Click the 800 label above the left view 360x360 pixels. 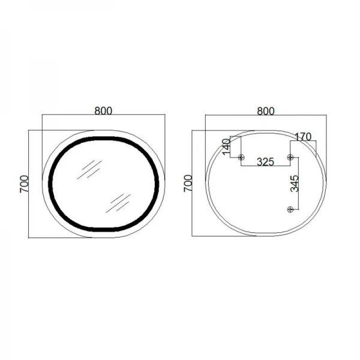103,111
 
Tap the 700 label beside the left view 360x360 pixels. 24,183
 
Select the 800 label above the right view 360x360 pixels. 265,111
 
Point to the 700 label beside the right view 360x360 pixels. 188,183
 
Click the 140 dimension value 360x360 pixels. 226,147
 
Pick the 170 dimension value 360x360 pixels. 303,137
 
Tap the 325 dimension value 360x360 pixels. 266,161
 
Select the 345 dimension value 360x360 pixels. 294,184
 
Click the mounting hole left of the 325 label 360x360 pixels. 241,157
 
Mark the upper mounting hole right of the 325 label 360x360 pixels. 290,157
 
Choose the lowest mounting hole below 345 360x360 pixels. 290,209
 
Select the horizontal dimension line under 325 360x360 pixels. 266,166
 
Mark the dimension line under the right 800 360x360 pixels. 265,117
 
